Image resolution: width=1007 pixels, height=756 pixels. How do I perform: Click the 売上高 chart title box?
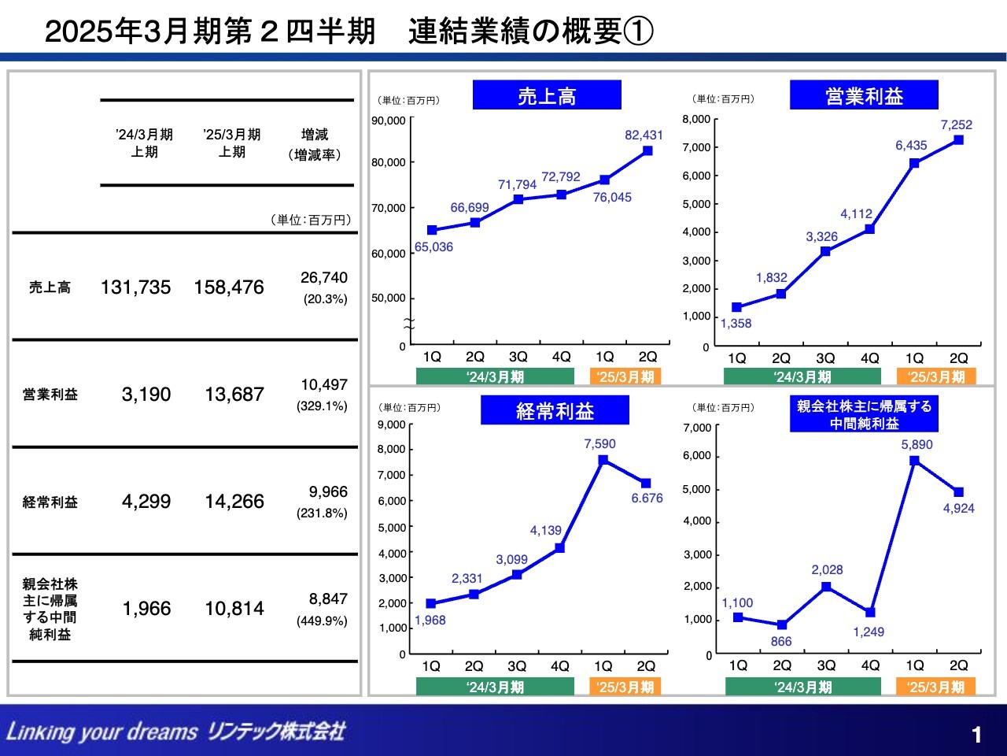pos(547,95)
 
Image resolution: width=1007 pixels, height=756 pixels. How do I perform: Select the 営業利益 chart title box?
pos(864,95)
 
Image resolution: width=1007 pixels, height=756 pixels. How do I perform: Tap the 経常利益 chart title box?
pos(555,410)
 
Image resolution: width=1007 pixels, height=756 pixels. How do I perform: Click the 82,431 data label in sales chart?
pos(644,135)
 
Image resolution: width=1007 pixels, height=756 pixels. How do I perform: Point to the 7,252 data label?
pos(956,124)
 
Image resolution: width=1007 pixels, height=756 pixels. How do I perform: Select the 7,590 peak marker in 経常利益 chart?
pos(603,460)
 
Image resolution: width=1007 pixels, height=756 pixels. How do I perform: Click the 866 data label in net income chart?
pos(780,641)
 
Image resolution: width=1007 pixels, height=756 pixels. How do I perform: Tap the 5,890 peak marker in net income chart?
pos(914,461)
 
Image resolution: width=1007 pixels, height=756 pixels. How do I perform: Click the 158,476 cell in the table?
pos(229,287)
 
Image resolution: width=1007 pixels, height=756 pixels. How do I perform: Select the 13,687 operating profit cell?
pos(234,395)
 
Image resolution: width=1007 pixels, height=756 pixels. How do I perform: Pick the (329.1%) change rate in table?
pos(322,406)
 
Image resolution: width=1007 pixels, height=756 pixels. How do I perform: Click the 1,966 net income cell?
pos(146,609)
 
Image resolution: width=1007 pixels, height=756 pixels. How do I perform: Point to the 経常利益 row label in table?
pos(50,502)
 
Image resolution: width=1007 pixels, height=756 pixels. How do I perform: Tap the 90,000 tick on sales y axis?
pos(389,120)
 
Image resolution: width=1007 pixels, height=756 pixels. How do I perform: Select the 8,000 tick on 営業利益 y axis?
pos(696,119)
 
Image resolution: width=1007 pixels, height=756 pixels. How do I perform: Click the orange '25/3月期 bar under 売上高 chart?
pos(625,376)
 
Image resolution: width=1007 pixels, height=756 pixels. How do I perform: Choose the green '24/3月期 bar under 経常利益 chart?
pos(495,687)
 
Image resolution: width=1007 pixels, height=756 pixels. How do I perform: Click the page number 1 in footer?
pos(976,735)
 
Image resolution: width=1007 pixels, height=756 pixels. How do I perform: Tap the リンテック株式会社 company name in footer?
pos(276,732)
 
